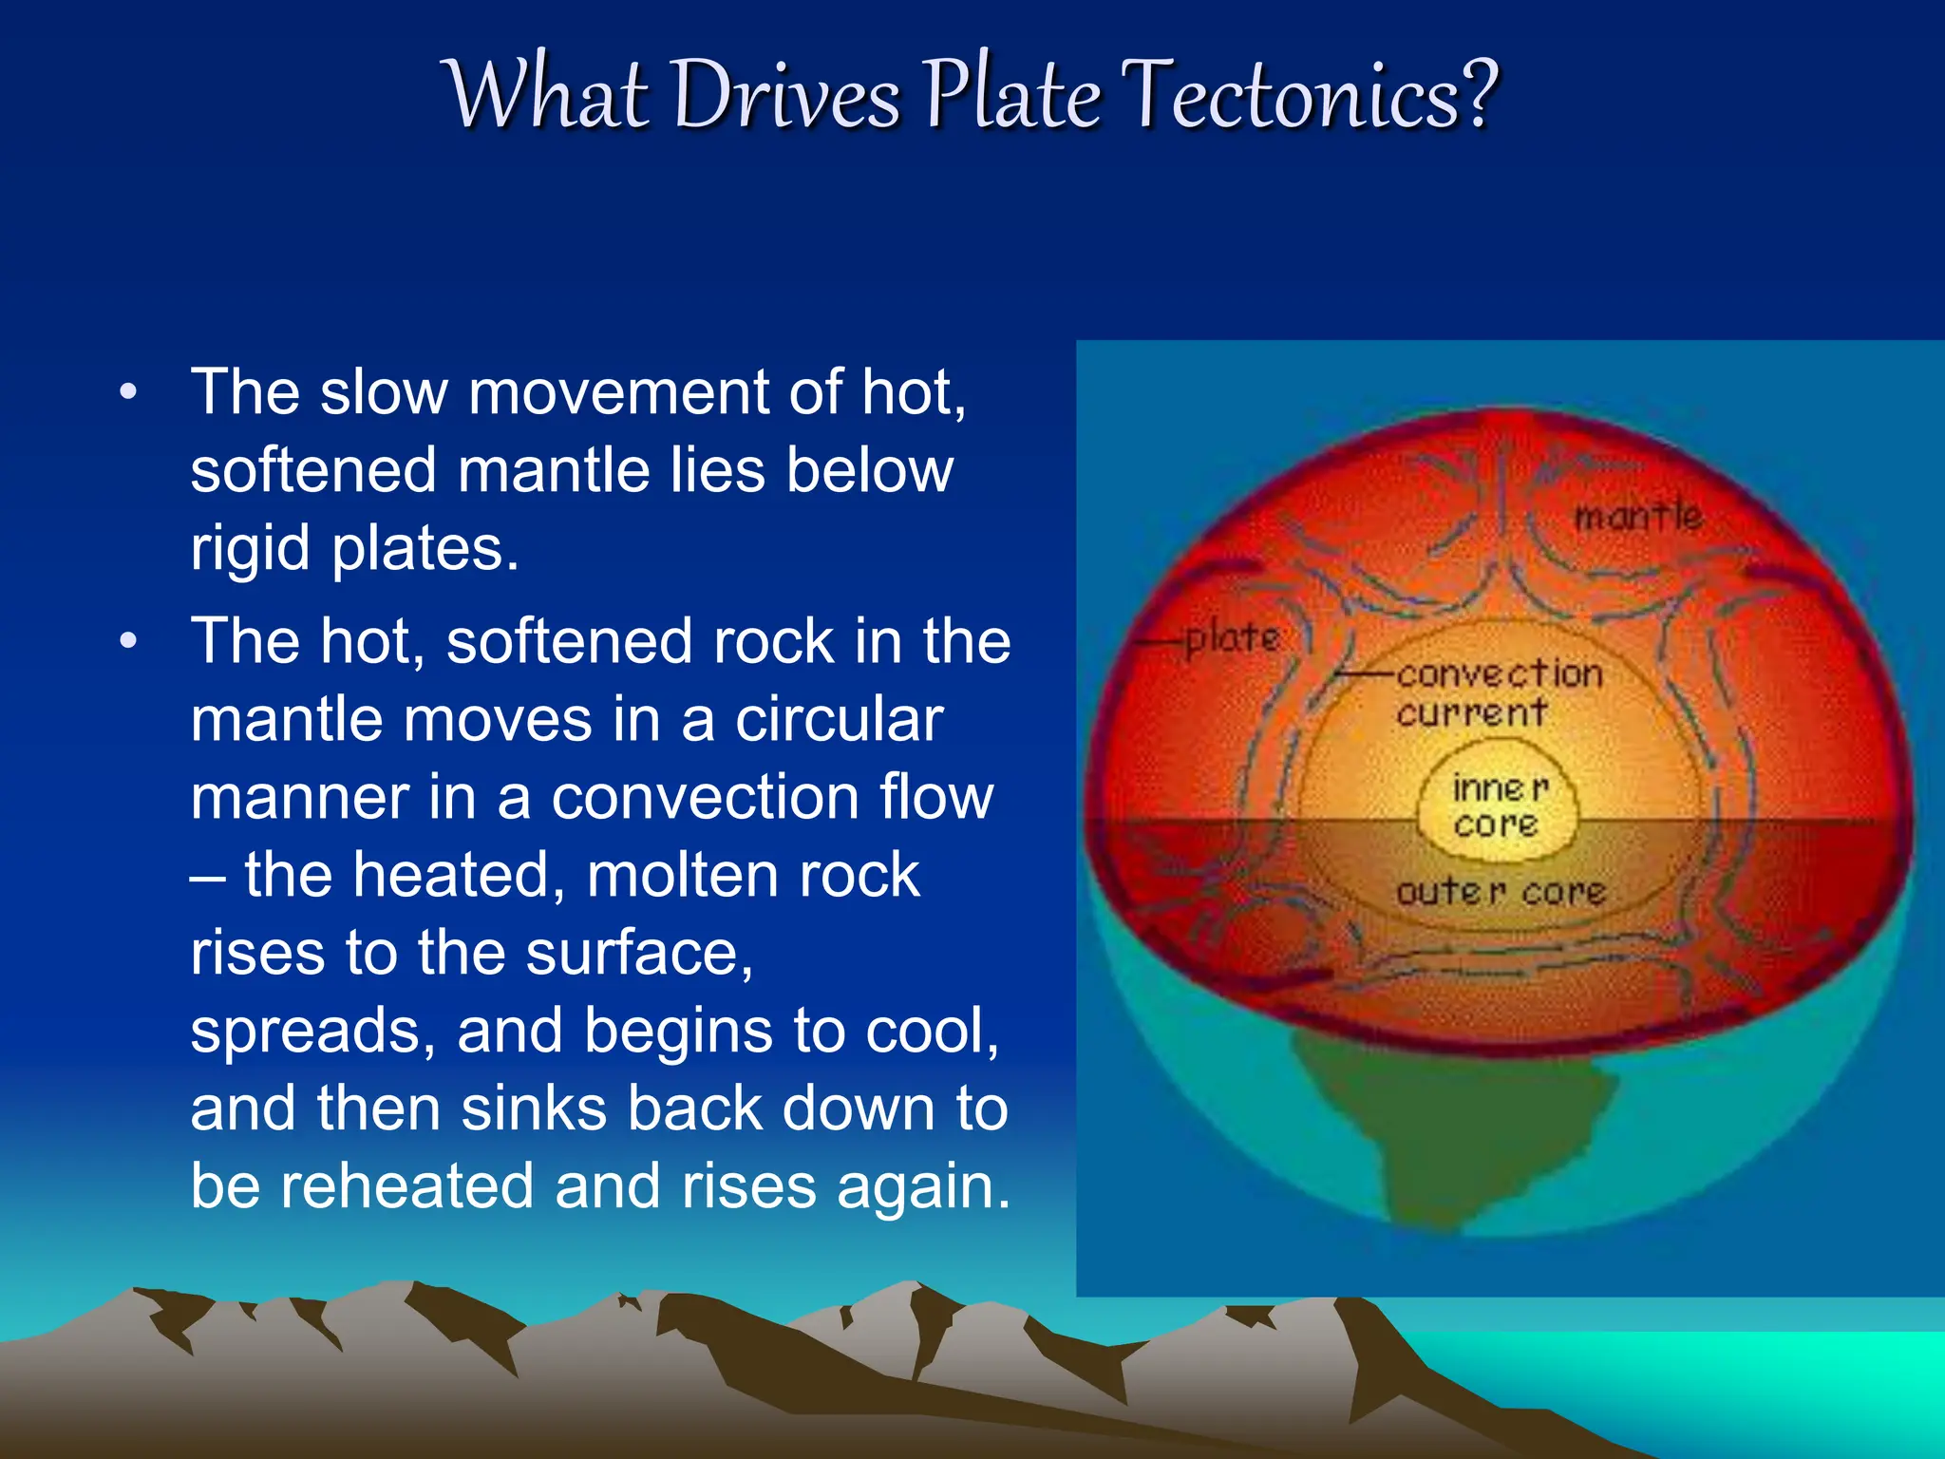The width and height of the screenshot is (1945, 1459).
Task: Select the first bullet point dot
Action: pos(129,391)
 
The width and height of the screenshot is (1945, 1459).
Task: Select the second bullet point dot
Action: pos(129,641)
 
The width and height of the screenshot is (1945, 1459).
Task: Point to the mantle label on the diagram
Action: pos(1637,518)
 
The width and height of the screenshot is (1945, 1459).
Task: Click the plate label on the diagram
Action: pos(1233,638)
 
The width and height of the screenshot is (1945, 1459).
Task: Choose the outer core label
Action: pos(1501,892)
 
